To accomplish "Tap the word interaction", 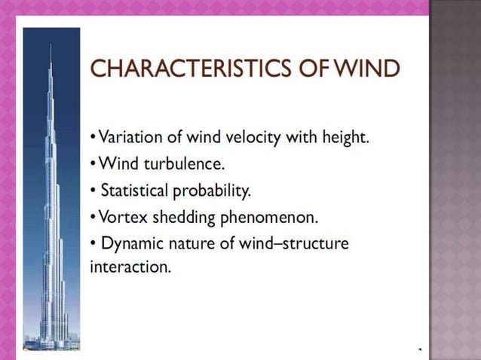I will pos(130,267).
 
